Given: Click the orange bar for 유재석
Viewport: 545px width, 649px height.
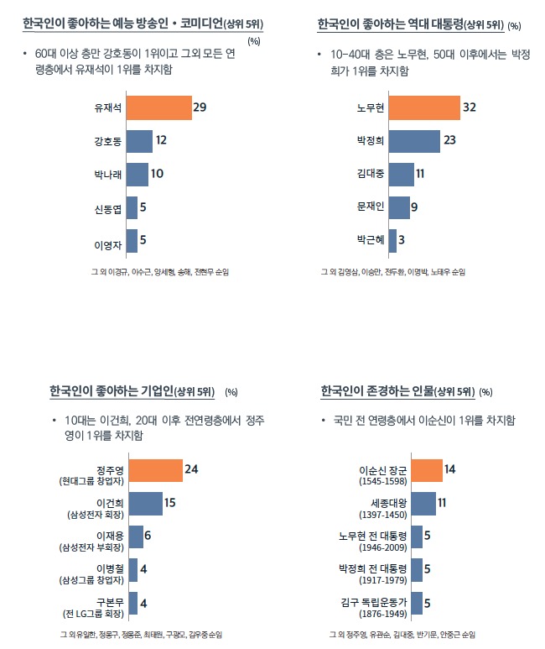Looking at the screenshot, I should (158, 108).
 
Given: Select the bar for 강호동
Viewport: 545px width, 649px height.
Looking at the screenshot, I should (139, 141).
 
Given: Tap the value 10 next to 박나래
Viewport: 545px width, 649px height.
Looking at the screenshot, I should (157, 174).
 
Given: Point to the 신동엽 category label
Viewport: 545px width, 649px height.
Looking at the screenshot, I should (108, 207).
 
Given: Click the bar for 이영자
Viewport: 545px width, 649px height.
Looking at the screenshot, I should (132, 241).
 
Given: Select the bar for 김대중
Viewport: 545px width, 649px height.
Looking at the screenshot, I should (401, 174).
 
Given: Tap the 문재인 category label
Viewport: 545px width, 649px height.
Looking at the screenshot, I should (370, 207).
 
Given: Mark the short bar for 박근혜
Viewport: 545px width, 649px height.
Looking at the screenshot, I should (392, 241).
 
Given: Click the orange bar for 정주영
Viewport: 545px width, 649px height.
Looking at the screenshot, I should (155, 470).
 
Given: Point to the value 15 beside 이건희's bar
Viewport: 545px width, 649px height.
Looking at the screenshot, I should (169, 503).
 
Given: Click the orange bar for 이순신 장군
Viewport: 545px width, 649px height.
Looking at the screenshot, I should (427, 470).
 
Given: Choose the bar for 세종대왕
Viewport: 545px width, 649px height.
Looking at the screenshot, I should (423, 503).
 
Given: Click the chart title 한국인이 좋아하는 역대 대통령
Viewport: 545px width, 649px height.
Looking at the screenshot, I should (388, 24).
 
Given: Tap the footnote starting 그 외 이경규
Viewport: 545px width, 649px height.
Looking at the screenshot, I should (159, 273).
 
